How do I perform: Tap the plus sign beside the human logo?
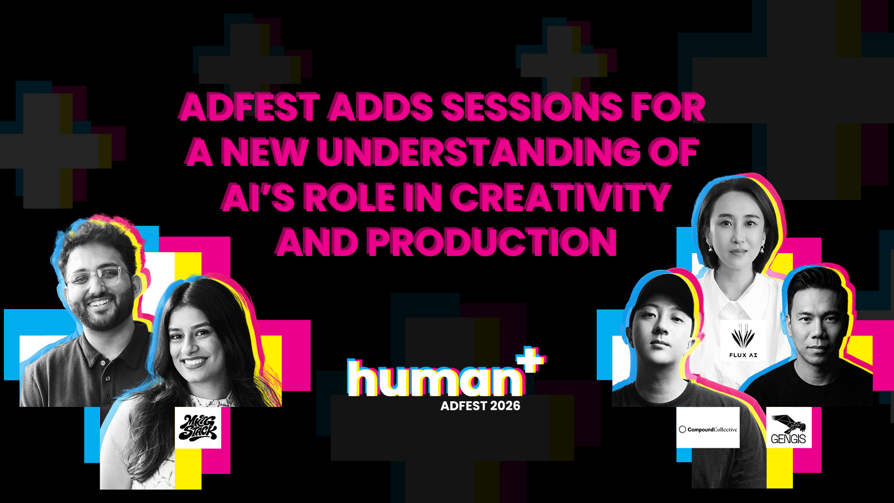(531, 359)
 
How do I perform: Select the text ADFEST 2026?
(480, 406)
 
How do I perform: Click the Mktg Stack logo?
(198, 428)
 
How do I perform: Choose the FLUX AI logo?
(743, 340)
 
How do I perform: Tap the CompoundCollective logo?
(707, 428)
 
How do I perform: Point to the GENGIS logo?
(788, 428)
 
